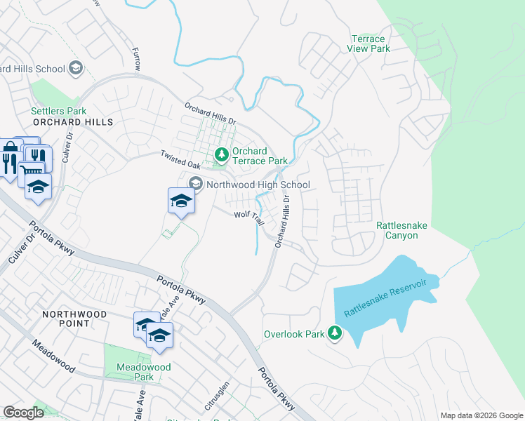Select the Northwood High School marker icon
(196, 185)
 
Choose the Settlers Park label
(58, 111)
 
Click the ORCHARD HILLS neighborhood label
(72, 122)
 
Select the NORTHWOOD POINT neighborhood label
(74, 319)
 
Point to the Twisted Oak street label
(180, 159)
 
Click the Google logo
(24, 413)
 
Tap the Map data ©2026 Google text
(481, 415)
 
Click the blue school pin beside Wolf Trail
(181, 201)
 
